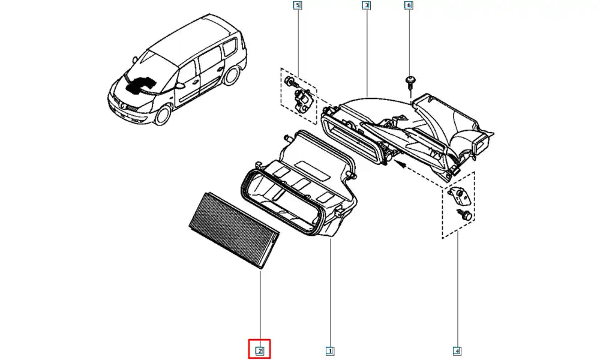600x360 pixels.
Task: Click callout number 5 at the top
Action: (x=298, y=5)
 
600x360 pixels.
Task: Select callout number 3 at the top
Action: (x=366, y=5)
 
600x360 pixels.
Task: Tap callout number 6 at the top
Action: (x=408, y=5)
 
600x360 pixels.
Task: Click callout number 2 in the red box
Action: (x=259, y=350)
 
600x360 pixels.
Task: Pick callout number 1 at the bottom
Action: (x=329, y=350)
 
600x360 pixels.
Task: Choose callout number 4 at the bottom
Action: (x=457, y=350)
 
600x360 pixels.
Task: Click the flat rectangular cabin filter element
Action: (x=234, y=230)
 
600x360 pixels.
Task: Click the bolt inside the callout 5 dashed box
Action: (x=290, y=82)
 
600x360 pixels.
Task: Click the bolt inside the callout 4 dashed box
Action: (x=464, y=214)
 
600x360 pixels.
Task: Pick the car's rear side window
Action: (x=229, y=49)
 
